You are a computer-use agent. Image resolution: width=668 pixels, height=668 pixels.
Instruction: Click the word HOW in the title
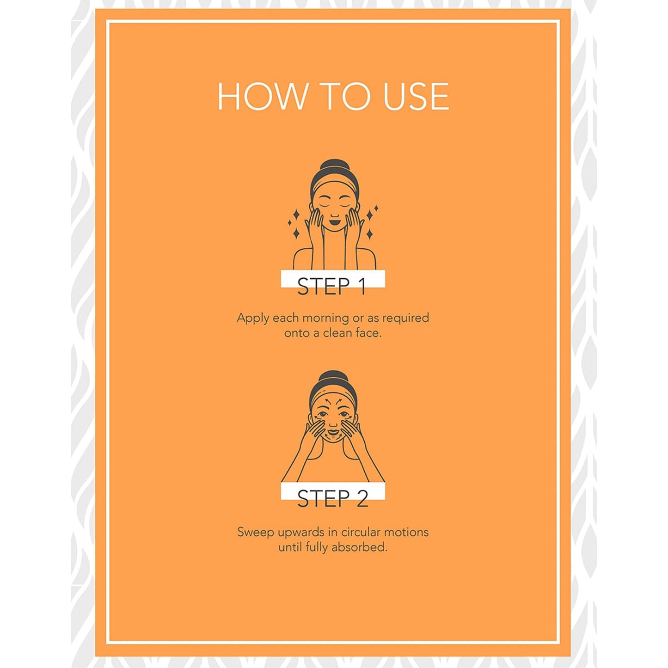(263, 96)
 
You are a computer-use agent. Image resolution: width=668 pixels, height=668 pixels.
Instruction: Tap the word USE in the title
(417, 96)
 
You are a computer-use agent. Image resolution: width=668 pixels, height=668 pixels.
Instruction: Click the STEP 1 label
(332, 286)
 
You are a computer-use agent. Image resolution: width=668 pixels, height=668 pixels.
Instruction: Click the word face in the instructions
(370, 333)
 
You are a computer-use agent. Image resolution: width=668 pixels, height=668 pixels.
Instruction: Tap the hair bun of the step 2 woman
(333, 378)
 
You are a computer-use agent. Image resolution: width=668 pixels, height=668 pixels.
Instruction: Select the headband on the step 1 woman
(335, 184)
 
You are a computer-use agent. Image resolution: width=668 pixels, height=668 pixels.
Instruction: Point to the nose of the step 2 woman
(333, 423)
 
